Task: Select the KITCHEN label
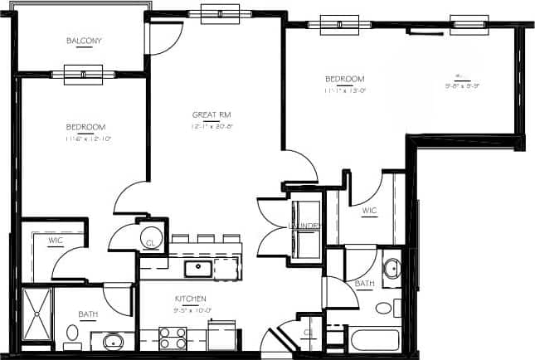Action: (x=190, y=298)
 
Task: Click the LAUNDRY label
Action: (x=304, y=226)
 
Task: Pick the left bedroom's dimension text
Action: (x=86, y=139)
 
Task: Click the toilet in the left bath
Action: (x=72, y=334)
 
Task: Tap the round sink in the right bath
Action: (x=392, y=269)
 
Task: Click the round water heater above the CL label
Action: (x=151, y=235)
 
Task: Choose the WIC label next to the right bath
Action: (x=369, y=212)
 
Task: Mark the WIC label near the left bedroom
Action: (x=56, y=241)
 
